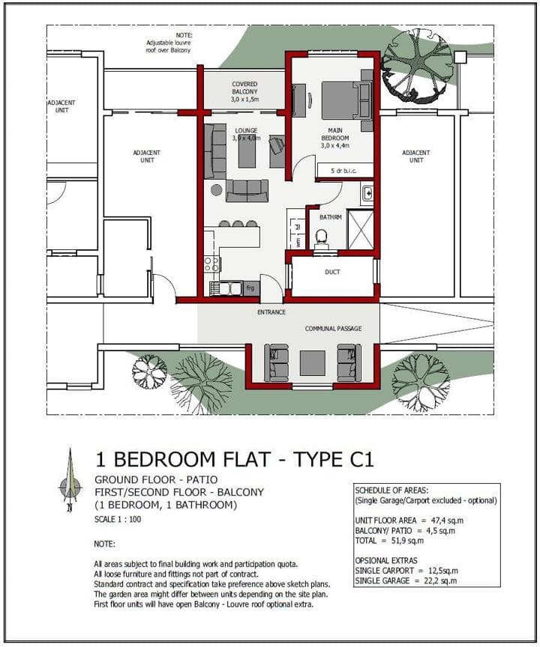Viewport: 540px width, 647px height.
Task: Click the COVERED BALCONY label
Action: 244,91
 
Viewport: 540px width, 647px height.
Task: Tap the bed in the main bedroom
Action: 346,100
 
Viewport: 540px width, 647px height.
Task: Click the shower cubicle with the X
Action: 360,230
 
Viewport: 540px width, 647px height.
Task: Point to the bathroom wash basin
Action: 367,193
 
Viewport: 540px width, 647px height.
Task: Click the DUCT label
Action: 332,272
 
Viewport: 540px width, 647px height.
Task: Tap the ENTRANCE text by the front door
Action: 271,312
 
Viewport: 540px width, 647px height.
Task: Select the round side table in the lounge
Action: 216,189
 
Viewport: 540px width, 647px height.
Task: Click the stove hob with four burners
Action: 212,264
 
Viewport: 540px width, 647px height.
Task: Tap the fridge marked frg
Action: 250,288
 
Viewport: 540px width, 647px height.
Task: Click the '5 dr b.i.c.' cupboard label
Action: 343,171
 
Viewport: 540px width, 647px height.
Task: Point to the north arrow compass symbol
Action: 70,480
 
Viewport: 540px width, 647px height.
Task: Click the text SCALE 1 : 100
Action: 118,519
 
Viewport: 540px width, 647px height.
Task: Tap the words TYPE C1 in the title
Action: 333,459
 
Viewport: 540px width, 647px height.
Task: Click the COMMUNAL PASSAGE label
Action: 334,329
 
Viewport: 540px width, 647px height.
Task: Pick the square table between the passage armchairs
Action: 312,362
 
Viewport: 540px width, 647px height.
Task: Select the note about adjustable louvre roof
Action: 169,43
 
